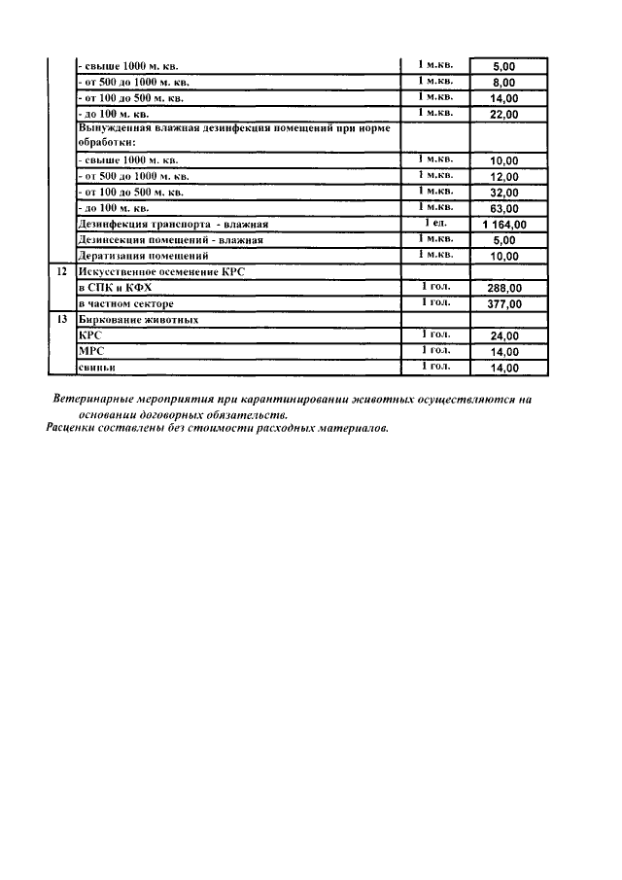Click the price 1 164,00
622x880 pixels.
504,225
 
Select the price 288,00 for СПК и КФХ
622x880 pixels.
504,289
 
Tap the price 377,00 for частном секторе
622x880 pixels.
504,304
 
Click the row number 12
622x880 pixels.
61,272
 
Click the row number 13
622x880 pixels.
61,320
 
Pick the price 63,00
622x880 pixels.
504,209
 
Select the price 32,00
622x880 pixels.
504,194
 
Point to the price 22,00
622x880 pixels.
504,115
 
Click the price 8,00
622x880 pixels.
504,83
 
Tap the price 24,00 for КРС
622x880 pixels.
504,336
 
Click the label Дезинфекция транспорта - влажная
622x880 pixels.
172,225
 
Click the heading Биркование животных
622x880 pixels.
138,320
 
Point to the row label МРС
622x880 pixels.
90,351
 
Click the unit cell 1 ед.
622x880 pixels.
434,223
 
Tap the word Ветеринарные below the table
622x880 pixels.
99,400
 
